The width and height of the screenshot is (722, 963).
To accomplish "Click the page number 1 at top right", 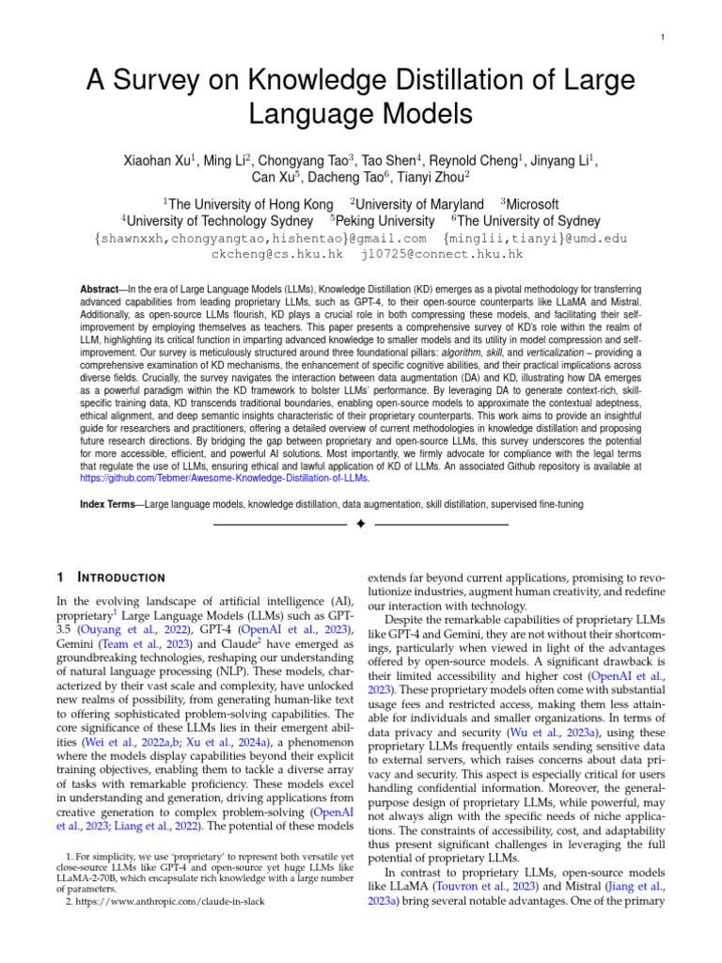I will (x=663, y=38).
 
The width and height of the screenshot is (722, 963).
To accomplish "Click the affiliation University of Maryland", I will (x=419, y=204).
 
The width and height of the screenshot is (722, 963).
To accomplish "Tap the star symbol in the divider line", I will (x=361, y=524).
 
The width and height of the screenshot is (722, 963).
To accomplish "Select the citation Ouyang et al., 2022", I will (x=143, y=629).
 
